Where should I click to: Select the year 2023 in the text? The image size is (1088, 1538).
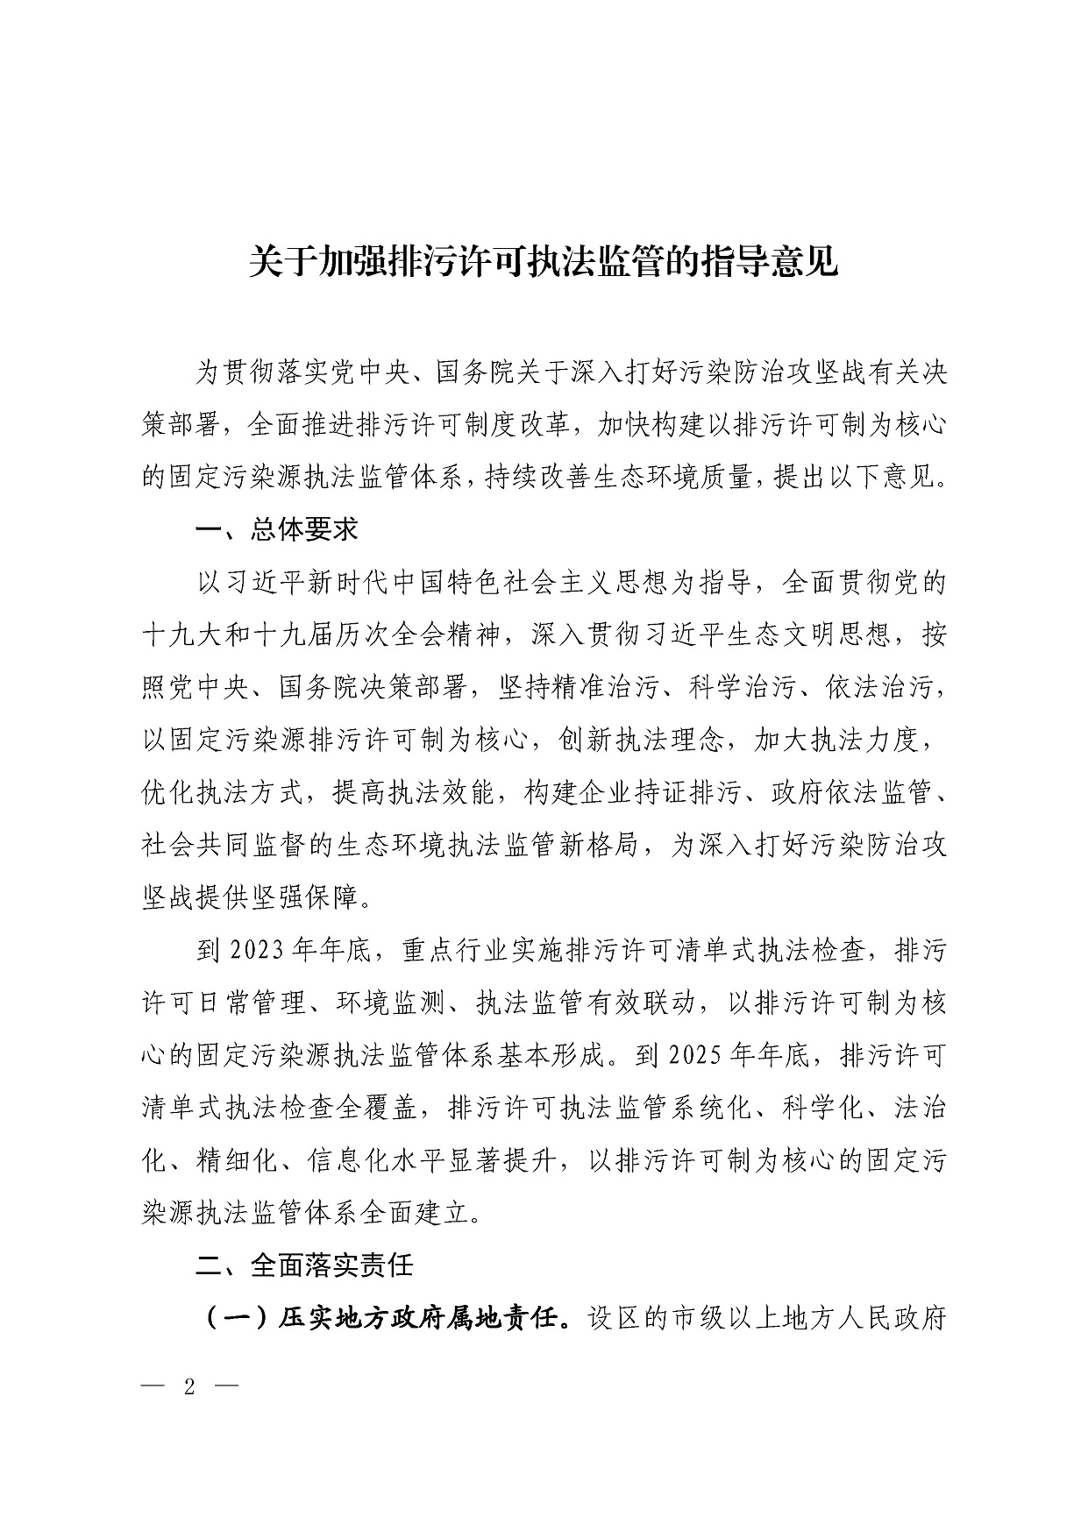[x=253, y=950]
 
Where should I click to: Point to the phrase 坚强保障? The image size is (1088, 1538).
[x=314, y=897]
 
